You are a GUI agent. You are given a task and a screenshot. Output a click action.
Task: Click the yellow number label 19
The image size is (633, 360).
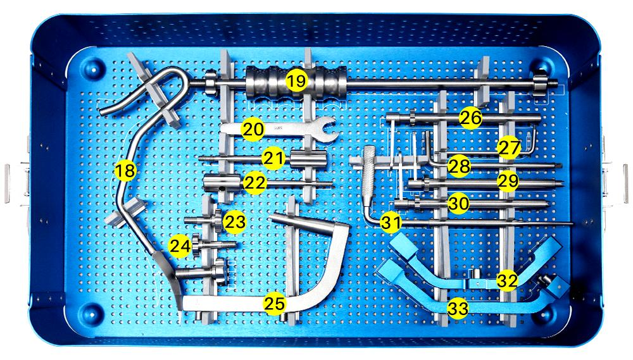point(297,81)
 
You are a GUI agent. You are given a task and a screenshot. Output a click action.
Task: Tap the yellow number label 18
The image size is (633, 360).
point(125,171)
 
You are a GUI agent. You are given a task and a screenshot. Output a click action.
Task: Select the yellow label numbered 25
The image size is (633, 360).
point(275,304)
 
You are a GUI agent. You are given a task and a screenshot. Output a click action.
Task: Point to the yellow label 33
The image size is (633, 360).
point(458,309)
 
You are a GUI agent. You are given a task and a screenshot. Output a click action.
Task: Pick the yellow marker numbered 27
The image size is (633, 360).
point(509,147)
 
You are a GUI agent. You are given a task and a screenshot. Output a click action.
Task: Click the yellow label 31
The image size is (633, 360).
point(391,222)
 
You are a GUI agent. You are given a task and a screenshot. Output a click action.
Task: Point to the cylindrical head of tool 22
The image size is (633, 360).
point(217,183)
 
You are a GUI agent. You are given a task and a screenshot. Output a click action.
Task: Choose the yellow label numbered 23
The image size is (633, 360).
point(235,221)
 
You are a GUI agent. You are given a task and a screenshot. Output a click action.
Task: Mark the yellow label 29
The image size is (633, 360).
point(508,180)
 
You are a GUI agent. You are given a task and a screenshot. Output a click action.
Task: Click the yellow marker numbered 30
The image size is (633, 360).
point(458,203)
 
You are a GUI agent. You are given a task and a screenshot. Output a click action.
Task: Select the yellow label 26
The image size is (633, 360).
point(470,118)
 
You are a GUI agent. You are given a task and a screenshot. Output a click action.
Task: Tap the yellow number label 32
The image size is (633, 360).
point(507,280)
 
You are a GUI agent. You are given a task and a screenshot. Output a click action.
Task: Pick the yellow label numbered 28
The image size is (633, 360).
point(459,166)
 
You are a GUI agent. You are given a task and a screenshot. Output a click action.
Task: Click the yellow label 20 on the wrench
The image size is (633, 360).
point(253,129)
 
